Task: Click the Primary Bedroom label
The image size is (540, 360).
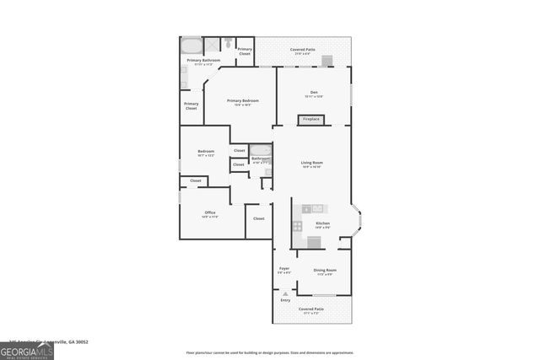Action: (243, 101)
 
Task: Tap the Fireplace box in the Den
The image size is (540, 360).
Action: (311, 120)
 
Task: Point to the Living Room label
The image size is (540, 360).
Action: (312, 163)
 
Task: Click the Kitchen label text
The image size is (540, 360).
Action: (322, 223)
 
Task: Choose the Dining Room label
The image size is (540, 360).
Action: (325, 271)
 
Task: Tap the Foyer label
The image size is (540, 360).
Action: (284, 269)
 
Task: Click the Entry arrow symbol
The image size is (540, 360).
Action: (284, 293)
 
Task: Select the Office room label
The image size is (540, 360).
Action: (210, 212)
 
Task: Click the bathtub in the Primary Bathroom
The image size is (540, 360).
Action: (191, 45)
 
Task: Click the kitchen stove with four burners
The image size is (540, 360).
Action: (297, 226)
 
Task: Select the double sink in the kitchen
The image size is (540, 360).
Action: (312, 208)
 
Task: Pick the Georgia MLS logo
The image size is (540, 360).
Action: (27, 348)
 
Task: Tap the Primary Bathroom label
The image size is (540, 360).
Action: (203, 61)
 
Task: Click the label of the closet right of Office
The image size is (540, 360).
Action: (258, 218)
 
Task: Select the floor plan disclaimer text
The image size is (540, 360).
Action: (270, 352)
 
